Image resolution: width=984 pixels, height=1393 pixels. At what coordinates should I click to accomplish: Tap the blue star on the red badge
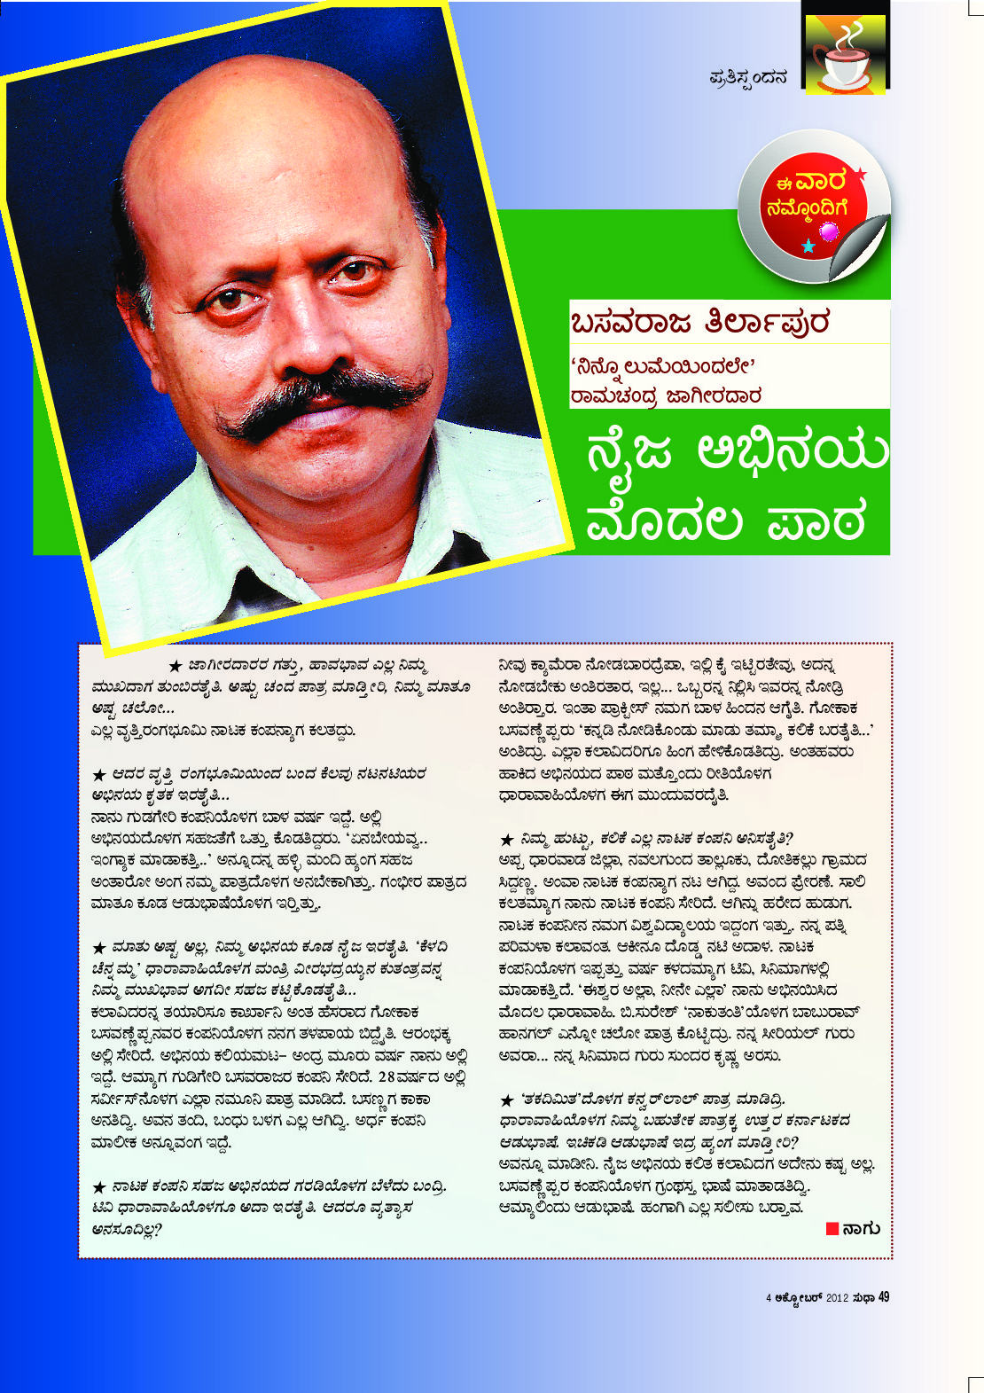tap(808, 246)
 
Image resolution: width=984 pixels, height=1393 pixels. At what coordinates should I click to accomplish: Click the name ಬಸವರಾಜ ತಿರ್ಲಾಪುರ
tap(700, 323)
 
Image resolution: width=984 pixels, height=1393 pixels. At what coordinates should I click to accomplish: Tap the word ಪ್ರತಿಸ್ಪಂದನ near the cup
tap(748, 78)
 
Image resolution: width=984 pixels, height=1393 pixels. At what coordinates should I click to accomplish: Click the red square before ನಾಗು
tap(832, 1228)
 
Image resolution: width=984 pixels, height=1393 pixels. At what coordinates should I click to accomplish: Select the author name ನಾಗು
tap(862, 1228)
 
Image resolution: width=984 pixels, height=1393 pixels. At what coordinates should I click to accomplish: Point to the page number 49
tap(884, 1297)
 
